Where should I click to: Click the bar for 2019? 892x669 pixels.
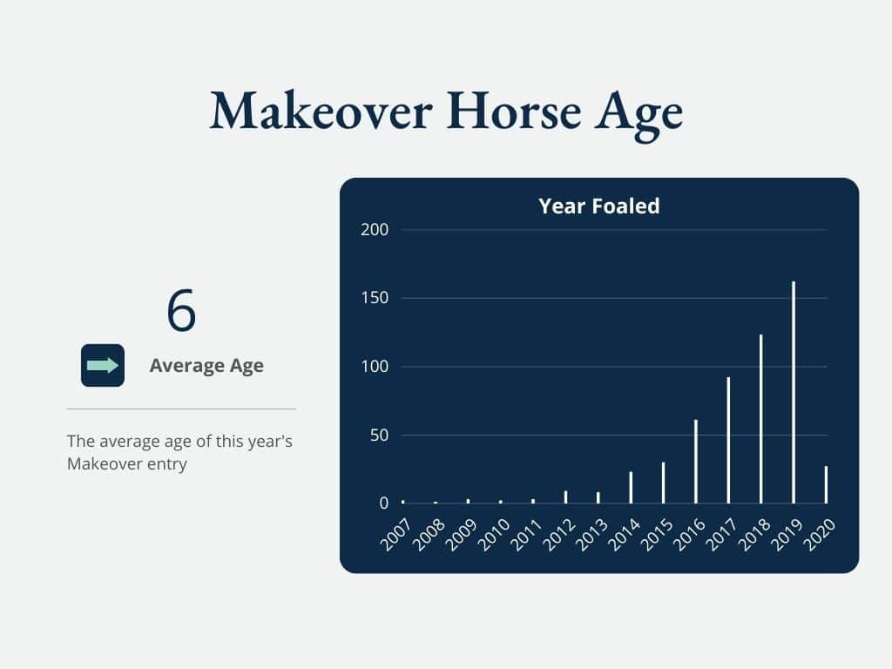pyautogui.click(x=794, y=393)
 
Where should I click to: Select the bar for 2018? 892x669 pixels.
pyautogui.click(x=761, y=419)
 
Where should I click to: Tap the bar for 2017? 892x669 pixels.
pyautogui.click(x=728, y=440)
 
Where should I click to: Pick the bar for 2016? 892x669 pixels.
pyautogui.click(x=696, y=462)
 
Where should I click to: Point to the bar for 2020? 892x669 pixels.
pyautogui.click(x=826, y=485)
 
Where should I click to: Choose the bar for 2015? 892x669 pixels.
pyautogui.click(x=663, y=483)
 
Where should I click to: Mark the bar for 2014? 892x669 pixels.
pyautogui.click(x=631, y=488)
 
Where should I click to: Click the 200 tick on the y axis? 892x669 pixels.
pyautogui.click(x=375, y=230)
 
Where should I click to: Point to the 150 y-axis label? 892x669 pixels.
pyautogui.click(x=375, y=298)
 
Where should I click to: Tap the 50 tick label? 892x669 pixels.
pyautogui.click(x=379, y=436)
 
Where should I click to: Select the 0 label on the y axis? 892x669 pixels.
pyautogui.click(x=384, y=503)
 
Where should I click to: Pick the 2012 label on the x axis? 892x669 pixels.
pyautogui.click(x=558, y=535)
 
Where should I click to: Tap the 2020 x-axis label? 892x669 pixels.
pyautogui.click(x=819, y=535)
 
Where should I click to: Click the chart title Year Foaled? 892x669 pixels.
pyautogui.click(x=599, y=206)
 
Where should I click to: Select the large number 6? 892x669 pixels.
pyautogui.click(x=181, y=311)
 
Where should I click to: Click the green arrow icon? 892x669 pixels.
pyautogui.click(x=103, y=365)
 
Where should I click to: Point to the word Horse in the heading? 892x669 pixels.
pyautogui.click(x=514, y=111)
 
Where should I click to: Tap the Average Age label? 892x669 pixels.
pyautogui.click(x=206, y=365)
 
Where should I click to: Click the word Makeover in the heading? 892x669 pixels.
pyautogui.click(x=321, y=111)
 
